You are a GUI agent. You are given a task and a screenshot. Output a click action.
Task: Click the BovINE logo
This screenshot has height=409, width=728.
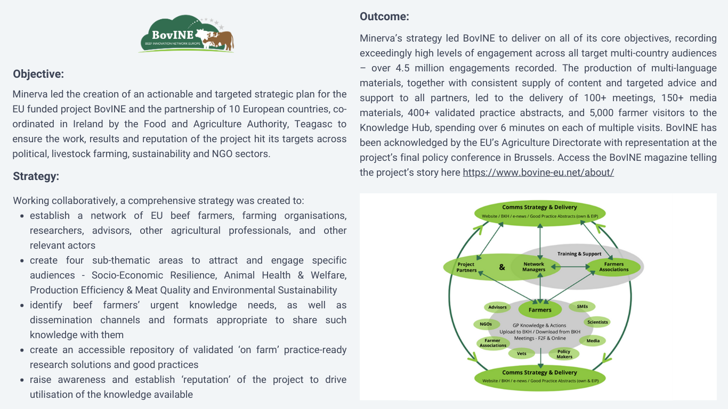point(186,34)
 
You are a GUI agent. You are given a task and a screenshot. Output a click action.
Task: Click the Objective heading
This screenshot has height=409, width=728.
point(38,74)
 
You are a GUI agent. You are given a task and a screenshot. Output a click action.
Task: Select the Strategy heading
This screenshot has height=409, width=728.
point(36,176)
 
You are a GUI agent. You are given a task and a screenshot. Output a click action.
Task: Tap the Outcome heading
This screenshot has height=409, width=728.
point(384,17)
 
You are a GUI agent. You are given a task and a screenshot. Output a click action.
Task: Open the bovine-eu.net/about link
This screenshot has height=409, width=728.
point(538,173)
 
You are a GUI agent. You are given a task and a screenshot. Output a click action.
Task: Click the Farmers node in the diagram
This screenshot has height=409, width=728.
point(540,309)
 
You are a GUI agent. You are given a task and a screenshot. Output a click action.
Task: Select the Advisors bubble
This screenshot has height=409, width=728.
point(497,307)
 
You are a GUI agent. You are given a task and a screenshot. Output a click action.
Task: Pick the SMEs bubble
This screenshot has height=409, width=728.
point(582,306)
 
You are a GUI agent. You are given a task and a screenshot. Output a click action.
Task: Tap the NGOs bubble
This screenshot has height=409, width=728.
point(486,324)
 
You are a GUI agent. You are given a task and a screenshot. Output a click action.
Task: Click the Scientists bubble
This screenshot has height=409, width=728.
point(597,322)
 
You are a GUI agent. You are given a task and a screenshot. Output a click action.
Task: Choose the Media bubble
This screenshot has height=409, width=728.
point(593,340)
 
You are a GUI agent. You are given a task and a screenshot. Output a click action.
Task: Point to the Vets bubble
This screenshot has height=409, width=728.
point(521,354)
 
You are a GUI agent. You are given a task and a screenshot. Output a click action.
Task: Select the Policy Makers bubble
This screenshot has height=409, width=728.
point(564,354)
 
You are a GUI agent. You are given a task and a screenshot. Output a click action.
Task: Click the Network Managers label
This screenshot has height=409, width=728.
point(533,267)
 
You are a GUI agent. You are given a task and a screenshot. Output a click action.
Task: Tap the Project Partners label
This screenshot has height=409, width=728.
point(466,267)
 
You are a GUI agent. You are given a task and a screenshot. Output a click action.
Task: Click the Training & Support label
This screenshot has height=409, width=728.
point(579,253)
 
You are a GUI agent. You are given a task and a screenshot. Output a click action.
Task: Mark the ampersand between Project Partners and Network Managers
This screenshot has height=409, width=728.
point(502,267)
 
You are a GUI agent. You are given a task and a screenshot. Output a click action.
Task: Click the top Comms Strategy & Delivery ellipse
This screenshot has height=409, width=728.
point(540,213)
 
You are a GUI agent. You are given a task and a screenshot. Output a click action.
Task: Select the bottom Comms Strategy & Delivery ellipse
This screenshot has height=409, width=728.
point(540,378)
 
